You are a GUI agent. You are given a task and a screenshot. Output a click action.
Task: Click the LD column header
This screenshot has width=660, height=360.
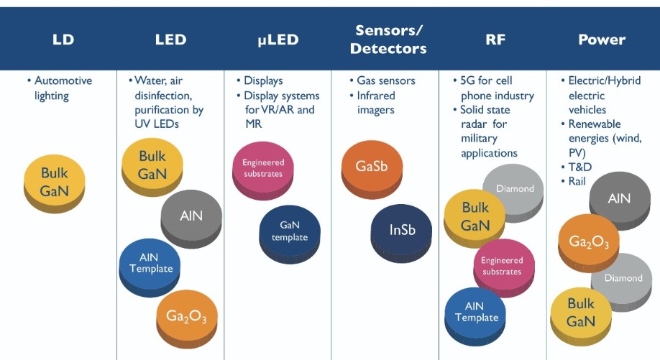63,40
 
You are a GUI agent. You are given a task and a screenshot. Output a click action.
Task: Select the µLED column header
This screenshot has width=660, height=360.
278,40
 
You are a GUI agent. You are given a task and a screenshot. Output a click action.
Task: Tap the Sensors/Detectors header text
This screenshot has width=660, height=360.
388,39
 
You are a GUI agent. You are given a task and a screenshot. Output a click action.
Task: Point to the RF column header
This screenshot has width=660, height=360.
495,40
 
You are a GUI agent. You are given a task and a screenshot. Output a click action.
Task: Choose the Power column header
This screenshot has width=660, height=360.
602,40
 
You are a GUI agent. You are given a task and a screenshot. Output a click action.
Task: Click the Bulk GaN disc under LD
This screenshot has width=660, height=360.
55,183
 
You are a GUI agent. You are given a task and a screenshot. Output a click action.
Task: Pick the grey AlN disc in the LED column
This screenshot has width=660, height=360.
191,218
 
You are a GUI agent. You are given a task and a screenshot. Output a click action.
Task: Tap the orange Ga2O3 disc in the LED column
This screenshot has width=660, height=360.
187,318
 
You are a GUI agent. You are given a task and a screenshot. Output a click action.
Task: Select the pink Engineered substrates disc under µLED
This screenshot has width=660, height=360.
263,170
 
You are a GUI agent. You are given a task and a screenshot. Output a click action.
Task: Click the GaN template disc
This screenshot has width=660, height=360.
290,234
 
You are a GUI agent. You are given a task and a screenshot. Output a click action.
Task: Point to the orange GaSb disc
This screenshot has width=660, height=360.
372,169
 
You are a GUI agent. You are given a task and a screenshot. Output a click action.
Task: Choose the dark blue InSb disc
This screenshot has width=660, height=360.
402,233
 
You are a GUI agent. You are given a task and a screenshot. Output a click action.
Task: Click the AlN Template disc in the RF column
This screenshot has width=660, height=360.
475,315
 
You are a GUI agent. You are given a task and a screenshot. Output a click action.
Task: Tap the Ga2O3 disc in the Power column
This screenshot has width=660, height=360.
589,242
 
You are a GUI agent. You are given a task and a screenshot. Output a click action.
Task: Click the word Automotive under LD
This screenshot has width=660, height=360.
63,80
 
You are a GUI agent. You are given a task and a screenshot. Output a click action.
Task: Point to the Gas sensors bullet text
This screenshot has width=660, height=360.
386,80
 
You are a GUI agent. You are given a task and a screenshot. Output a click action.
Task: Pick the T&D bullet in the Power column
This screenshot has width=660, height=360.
580,167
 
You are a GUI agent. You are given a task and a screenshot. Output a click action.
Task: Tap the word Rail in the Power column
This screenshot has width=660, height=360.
577,181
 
